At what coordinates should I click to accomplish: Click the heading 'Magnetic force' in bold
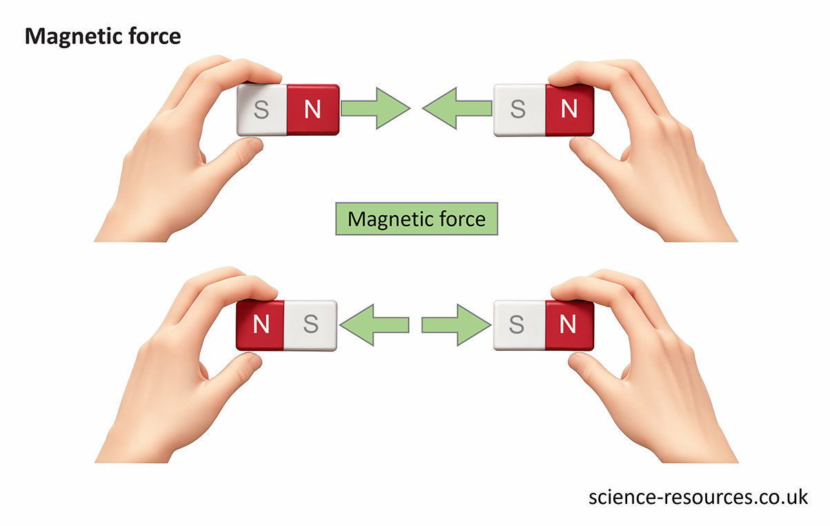pyautogui.click(x=103, y=36)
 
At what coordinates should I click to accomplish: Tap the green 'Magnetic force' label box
pyautogui.click(x=416, y=219)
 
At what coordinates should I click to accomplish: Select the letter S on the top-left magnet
pyautogui.click(x=261, y=110)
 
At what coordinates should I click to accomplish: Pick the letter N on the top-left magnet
pyautogui.click(x=313, y=110)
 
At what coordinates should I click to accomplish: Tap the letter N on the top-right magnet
pyautogui.click(x=569, y=110)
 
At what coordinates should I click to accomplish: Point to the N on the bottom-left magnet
pyautogui.click(x=261, y=324)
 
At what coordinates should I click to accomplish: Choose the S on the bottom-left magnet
pyautogui.click(x=310, y=324)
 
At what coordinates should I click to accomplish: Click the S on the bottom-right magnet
pyautogui.click(x=517, y=324)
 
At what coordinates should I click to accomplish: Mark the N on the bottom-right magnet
pyautogui.click(x=569, y=324)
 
